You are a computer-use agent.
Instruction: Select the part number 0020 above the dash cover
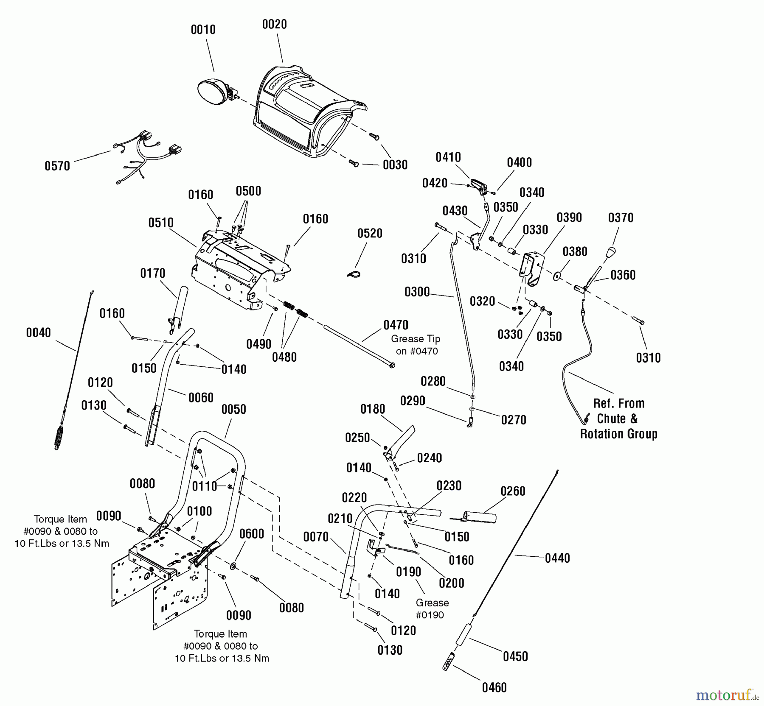pos(274,25)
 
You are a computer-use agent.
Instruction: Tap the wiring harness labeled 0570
pos(144,157)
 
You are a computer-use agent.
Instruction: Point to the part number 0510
pos(161,223)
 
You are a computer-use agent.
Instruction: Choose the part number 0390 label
pos(569,218)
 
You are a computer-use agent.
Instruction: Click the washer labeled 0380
pos(557,276)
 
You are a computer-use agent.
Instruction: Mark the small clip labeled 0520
pos(354,274)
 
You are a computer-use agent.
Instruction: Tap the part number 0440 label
pos(557,558)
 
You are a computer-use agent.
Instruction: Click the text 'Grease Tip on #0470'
pos(416,345)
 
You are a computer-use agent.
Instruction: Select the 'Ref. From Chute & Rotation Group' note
pos(618,419)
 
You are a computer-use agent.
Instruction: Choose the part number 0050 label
pos(233,410)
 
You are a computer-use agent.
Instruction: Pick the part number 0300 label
pos(417,292)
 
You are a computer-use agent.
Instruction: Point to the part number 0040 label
pos(38,333)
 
